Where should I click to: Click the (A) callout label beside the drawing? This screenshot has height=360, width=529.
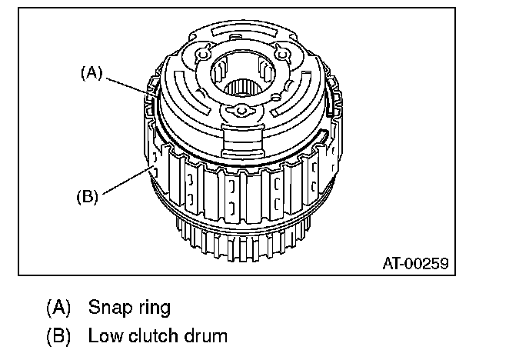click(x=91, y=73)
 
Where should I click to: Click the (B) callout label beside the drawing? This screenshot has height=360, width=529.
click(x=87, y=196)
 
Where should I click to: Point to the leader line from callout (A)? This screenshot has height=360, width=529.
click(x=131, y=88)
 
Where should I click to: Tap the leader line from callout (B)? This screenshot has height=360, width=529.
click(x=127, y=181)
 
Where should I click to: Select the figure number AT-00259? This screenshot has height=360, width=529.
click(x=416, y=263)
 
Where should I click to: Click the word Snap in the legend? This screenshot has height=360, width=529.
click(x=110, y=308)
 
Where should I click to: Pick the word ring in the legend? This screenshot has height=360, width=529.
click(x=155, y=308)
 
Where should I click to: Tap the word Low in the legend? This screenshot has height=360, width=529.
click(x=105, y=335)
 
